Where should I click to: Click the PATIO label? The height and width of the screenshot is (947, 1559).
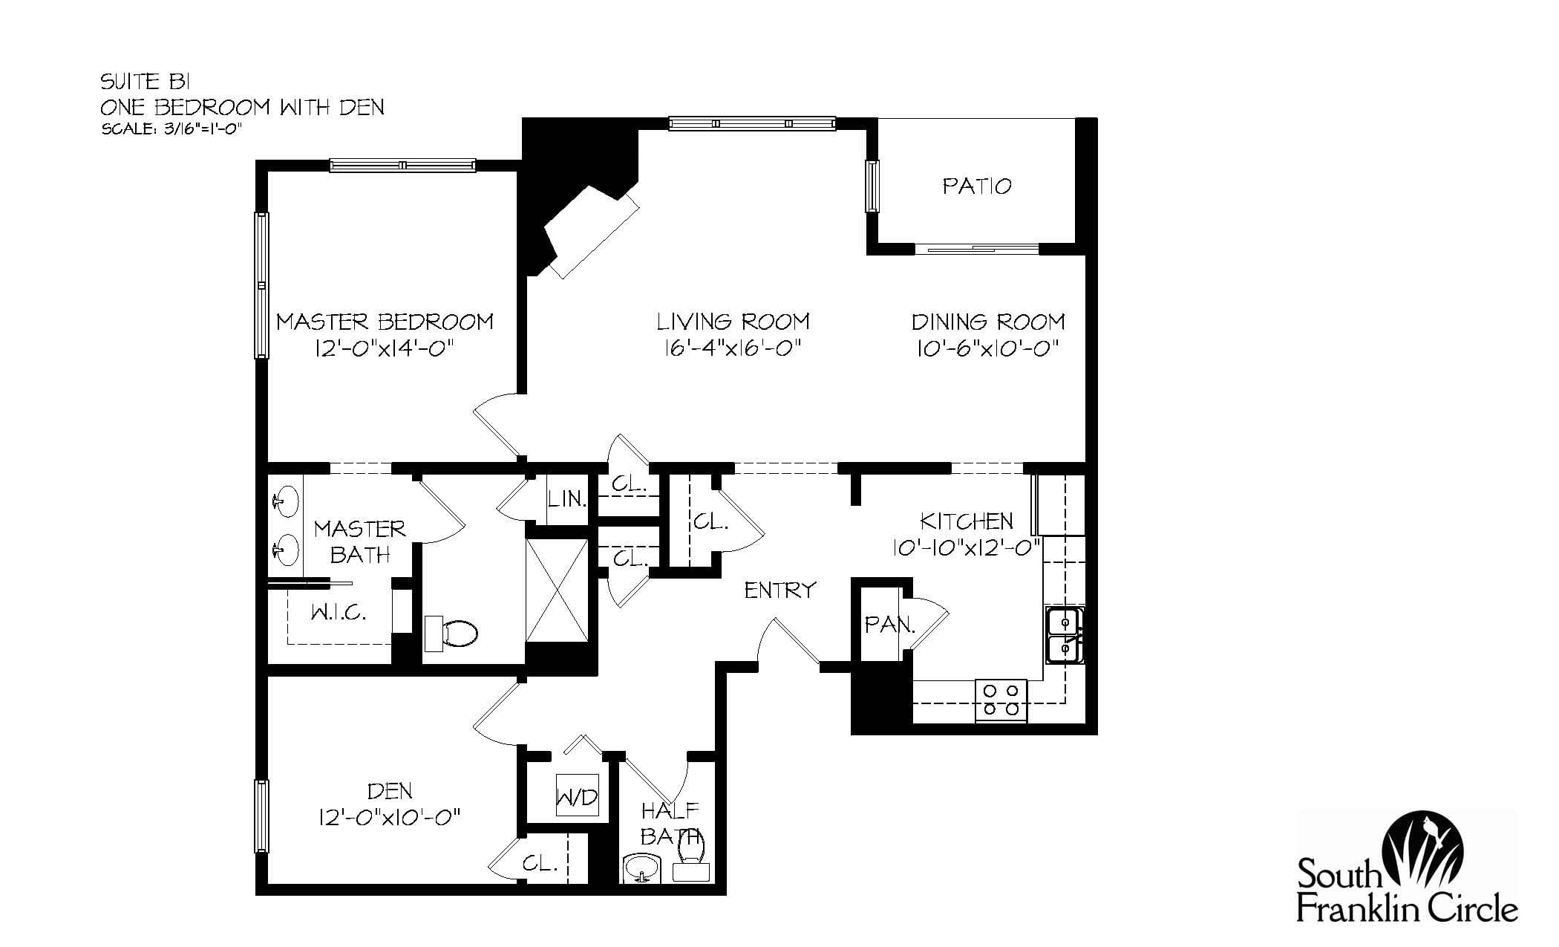[976, 186]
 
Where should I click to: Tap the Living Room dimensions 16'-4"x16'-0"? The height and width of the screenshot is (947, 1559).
[732, 348]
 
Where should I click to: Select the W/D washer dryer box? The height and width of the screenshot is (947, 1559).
[577, 798]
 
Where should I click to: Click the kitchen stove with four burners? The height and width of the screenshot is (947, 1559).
[1001, 700]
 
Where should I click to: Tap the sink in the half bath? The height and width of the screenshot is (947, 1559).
[642, 868]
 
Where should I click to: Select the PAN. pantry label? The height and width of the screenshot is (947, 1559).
[889, 625]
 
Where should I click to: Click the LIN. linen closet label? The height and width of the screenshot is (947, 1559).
[567, 498]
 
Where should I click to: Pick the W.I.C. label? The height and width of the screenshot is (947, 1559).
[338, 613]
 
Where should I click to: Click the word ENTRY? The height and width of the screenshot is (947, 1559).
[779, 590]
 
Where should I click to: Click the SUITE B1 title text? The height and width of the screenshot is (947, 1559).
[146, 82]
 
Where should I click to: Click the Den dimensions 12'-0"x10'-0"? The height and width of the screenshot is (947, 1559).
[390, 818]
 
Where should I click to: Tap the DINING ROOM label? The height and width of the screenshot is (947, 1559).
[987, 322]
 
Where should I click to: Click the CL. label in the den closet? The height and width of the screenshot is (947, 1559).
[540, 864]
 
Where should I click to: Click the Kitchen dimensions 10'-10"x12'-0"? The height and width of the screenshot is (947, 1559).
[966, 547]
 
